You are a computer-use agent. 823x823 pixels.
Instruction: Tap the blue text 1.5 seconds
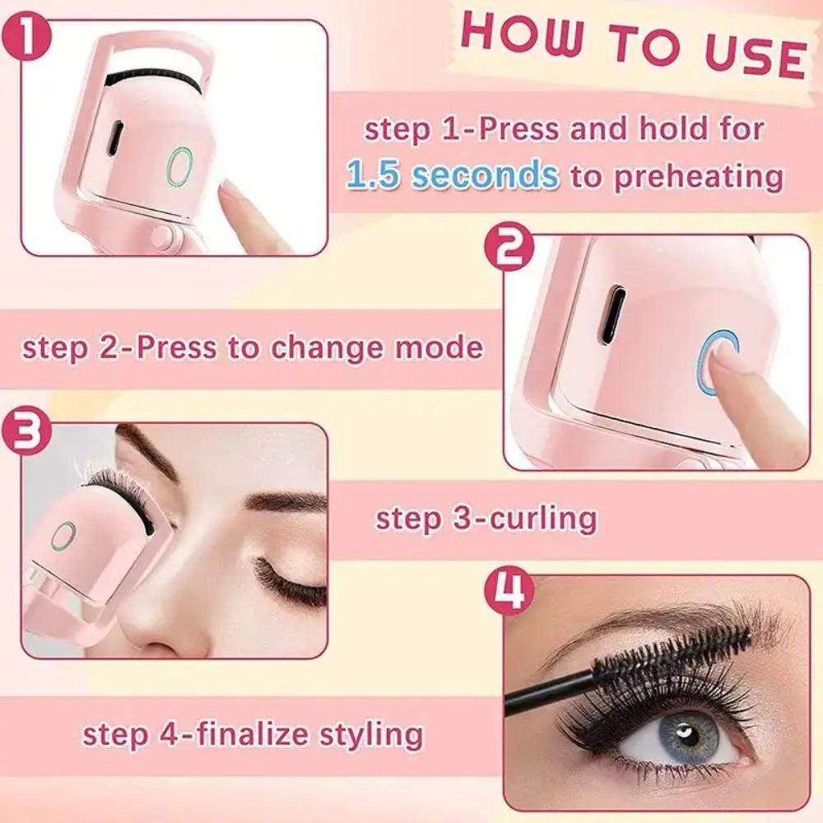pos(452,174)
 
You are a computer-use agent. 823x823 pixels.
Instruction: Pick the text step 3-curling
pos(486,518)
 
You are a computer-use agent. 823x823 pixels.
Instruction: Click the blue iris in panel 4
pos(683,734)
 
